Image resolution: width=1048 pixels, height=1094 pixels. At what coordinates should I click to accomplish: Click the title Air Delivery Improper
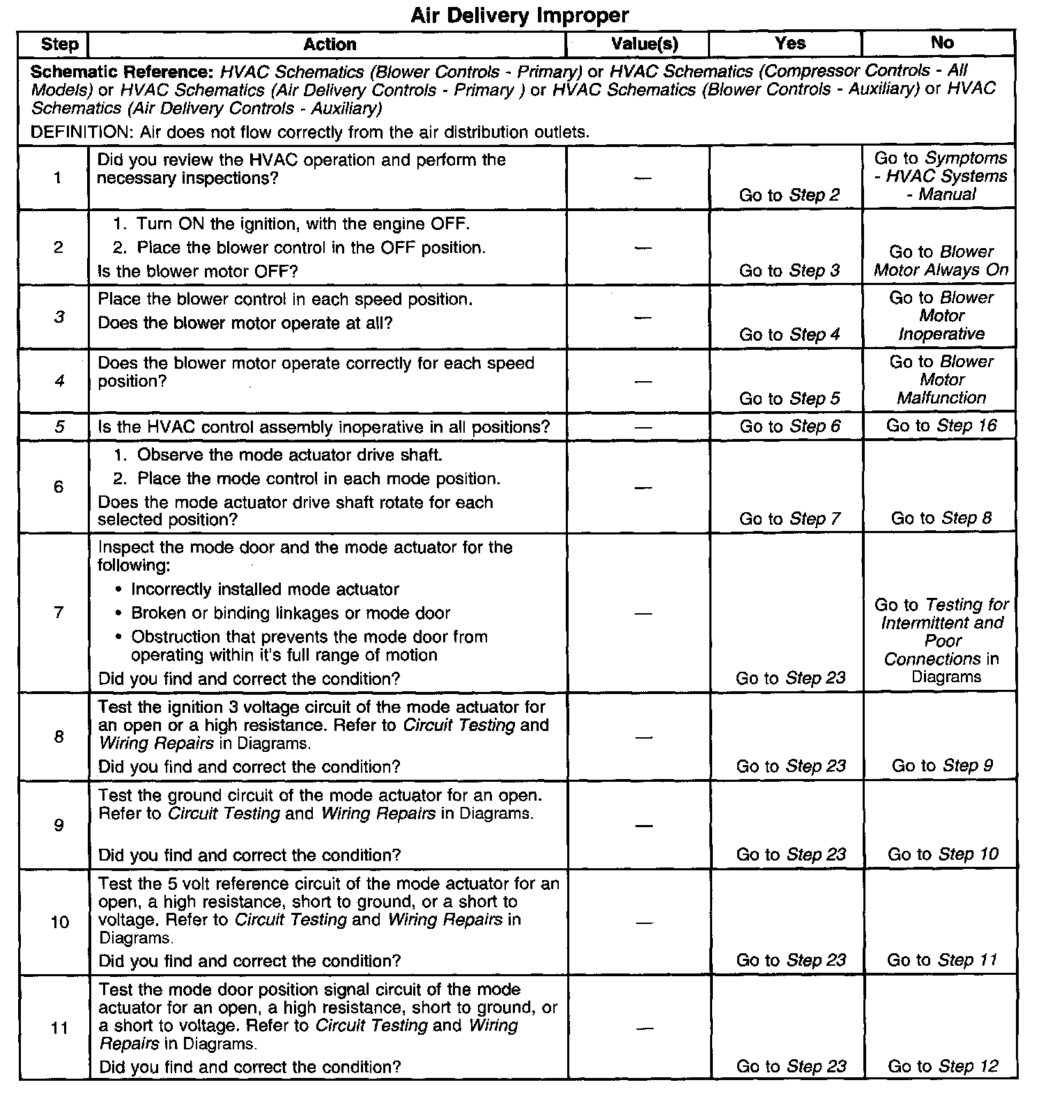519,15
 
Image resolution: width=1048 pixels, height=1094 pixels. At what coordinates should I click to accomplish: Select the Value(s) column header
644,44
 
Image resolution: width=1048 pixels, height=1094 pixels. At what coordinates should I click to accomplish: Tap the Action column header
330,45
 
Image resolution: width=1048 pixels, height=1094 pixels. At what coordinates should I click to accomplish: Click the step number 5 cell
59,426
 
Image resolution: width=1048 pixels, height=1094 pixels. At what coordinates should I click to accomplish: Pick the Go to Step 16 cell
941,426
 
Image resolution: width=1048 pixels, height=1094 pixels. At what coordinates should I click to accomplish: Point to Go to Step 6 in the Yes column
790,426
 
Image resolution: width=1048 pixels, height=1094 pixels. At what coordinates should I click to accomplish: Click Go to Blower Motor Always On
941,261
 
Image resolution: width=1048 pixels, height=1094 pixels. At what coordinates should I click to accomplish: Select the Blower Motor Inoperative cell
941,316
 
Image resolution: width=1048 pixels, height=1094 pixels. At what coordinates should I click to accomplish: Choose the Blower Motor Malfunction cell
941,380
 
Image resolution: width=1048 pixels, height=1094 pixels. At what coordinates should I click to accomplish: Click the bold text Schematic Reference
123,72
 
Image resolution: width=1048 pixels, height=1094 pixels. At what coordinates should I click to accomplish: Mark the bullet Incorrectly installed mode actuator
265,590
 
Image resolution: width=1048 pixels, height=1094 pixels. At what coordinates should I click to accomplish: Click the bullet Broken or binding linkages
291,613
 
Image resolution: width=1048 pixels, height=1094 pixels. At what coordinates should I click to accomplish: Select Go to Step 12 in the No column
943,1066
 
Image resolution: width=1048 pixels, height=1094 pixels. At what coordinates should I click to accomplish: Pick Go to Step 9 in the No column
942,766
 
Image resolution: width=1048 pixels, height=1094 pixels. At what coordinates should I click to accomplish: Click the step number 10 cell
60,923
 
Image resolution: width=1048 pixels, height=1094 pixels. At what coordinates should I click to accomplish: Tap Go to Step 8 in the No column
941,518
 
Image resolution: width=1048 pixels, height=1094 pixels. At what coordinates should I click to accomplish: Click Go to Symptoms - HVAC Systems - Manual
941,176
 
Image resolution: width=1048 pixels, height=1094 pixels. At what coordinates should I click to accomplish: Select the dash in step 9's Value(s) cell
644,826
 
